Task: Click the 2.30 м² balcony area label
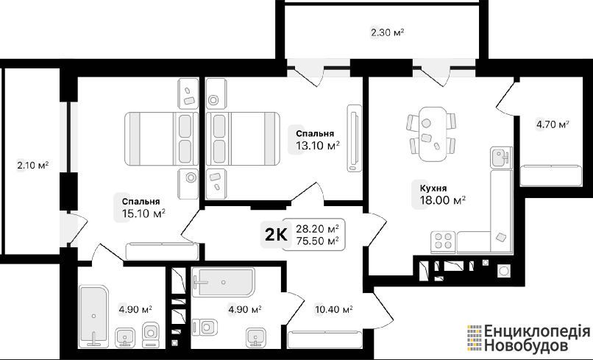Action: coord(387,32)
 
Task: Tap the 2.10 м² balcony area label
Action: coord(33,166)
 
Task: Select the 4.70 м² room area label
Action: coord(553,124)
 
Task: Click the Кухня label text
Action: coord(433,188)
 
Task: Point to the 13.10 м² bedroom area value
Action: coord(318,145)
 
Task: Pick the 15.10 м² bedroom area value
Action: coord(143,213)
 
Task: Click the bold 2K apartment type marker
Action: coord(276,235)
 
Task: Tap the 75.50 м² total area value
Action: coord(317,241)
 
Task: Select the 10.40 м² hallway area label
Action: coord(334,310)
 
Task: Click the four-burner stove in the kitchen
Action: coord(443,241)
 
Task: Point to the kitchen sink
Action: coord(501,158)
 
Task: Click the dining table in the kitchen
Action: coord(433,134)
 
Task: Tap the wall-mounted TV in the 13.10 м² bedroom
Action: coord(355,138)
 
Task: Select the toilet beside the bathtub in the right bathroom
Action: coord(205,327)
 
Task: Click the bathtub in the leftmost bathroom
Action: coord(93,316)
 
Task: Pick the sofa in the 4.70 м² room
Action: coord(550,176)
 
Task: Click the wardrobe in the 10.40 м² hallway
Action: coord(325,339)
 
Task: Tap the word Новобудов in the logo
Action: coord(526,345)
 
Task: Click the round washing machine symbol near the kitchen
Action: coord(503,271)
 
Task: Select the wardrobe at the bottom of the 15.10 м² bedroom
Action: coord(162,251)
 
